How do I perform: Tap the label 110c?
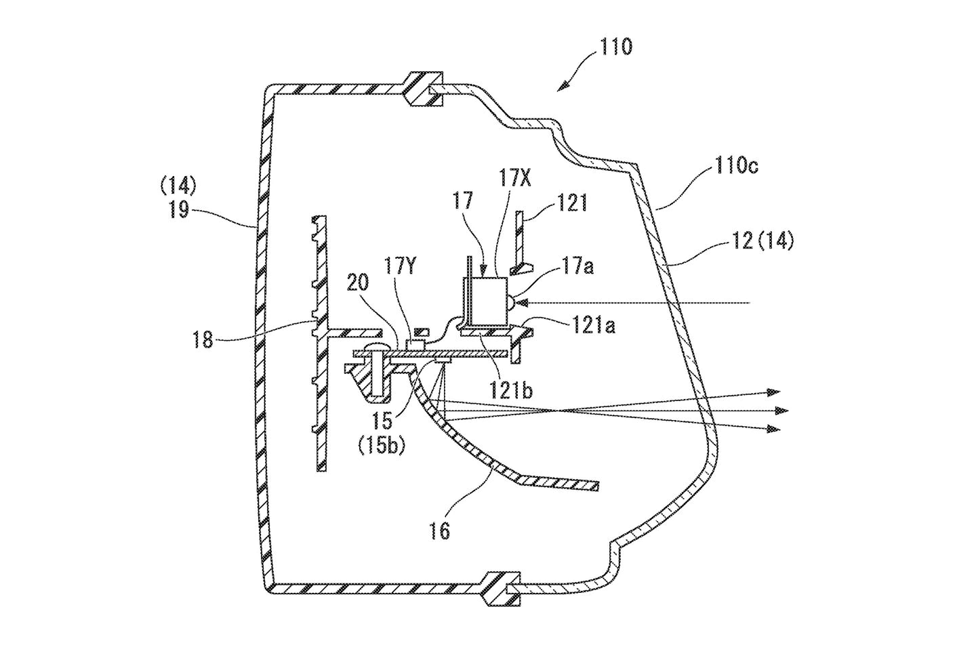coord(734,167)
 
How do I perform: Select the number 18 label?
coord(202,339)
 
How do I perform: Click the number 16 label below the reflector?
coord(440,530)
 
